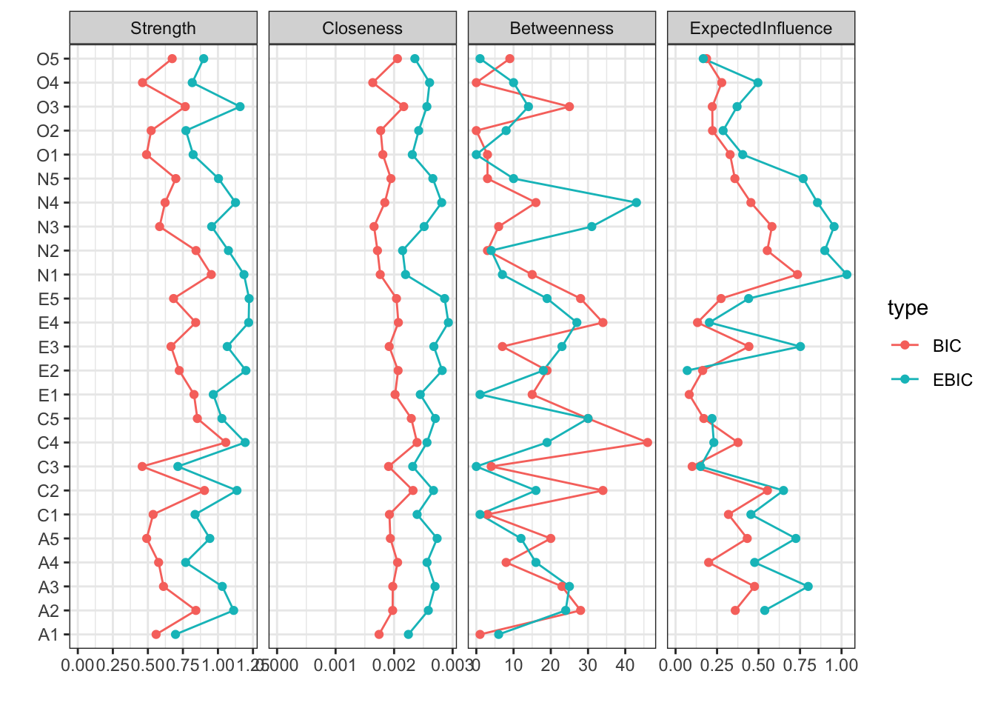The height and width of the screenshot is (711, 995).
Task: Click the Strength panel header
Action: tap(163, 28)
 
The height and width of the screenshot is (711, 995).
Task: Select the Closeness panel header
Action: tap(362, 28)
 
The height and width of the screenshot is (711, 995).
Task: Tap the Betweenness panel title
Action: tap(561, 28)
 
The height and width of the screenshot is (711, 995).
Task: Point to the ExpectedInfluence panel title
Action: tap(760, 28)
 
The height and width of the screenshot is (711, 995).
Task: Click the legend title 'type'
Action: tap(908, 308)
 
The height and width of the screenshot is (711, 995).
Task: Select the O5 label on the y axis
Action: tap(47, 59)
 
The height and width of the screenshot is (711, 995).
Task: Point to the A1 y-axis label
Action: tap(48, 635)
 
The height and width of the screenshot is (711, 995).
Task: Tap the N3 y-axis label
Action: tap(48, 227)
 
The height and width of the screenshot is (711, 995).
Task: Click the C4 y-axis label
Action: tap(48, 443)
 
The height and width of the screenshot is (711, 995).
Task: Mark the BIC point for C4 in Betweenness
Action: tap(648, 442)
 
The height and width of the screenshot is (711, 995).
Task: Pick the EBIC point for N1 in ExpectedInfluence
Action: tap(847, 274)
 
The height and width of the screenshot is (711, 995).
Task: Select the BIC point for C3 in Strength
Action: tap(142, 467)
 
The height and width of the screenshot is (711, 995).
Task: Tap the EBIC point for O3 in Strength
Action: tap(240, 107)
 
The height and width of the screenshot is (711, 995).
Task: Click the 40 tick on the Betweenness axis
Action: tap(625, 665)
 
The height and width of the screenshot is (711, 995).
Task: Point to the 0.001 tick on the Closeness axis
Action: tap(335, 665)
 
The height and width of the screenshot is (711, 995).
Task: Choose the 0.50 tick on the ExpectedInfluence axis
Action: tap(758, 665)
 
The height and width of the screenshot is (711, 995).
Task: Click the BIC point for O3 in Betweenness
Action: tap(569, 107)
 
